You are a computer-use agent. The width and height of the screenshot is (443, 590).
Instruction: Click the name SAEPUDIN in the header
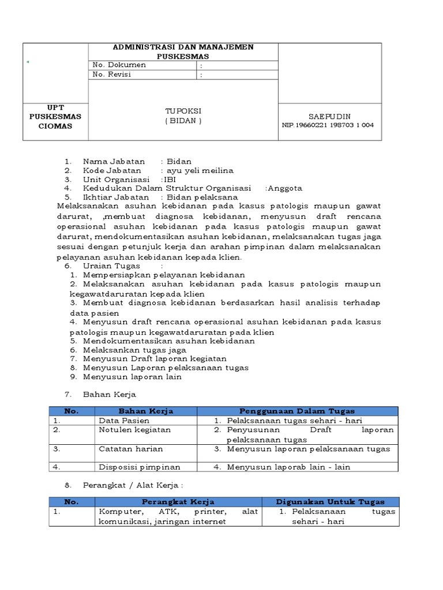point(329,115)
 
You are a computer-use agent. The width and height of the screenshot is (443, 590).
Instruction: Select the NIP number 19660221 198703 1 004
point(328,125)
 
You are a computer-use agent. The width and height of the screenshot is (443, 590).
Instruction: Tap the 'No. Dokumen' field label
point(119,65)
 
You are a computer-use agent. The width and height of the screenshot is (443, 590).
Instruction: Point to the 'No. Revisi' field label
point(115,75)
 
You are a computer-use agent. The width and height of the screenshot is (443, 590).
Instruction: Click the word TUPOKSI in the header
point(183,111)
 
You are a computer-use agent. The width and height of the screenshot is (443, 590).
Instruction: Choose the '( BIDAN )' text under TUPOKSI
point(183,120)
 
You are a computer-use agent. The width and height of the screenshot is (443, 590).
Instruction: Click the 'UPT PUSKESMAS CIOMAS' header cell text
point(55,116)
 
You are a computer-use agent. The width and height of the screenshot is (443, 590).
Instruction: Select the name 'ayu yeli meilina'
point(200,170)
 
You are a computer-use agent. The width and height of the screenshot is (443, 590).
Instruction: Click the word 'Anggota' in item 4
point(286,188)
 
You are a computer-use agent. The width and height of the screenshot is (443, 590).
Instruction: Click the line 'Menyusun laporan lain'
point(132,377)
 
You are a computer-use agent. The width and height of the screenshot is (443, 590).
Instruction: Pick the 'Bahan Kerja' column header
point(146,411)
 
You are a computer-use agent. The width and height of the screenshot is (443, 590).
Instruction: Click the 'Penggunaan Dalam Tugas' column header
point(297,411)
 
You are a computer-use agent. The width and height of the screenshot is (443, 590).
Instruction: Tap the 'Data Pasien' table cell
point(124,421)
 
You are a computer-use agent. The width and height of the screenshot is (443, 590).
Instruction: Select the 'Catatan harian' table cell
point(130,448)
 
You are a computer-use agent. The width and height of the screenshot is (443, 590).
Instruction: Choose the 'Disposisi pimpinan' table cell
point(139,467)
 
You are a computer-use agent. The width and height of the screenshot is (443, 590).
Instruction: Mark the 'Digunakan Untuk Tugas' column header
point(330,502)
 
